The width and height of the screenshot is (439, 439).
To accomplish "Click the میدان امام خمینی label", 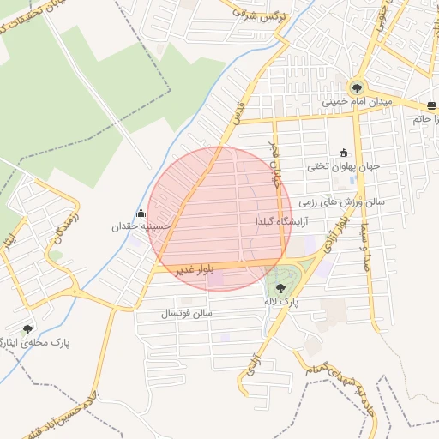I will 357,102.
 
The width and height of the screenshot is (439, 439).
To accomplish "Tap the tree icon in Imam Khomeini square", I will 356,87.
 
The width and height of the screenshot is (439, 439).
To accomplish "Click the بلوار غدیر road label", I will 192,268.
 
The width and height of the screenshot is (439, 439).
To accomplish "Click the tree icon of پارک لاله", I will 281,288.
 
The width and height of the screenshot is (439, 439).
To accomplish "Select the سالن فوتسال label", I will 186,313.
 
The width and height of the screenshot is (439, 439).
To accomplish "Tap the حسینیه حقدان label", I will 141,227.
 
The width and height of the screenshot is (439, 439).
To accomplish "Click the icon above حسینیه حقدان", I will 141,213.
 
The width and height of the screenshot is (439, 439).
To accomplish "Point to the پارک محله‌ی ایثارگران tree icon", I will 28,328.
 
